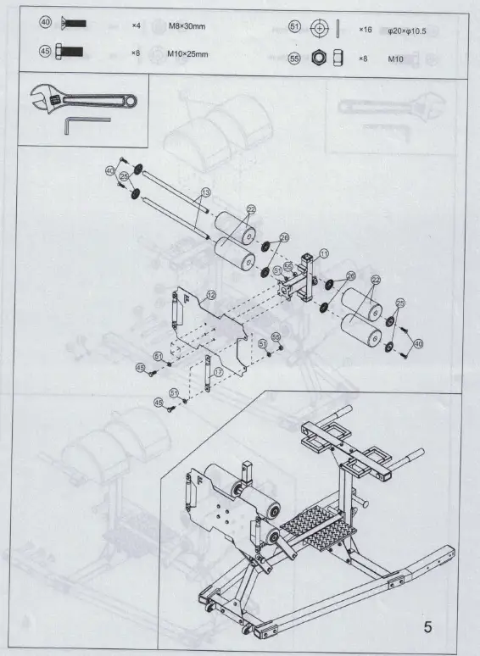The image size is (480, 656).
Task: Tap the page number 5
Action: tap(427, 627)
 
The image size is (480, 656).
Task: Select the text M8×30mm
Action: tap(189, 26)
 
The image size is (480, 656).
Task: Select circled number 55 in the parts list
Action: tap(294, 59)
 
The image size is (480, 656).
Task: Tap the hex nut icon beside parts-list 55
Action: tap(320, 59)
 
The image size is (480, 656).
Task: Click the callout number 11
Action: tap(323, 253)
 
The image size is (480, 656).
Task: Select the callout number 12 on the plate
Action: tap(211, 293)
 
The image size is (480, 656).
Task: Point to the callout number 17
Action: tap(218, 370)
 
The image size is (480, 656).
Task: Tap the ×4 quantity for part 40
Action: tap(135, 26)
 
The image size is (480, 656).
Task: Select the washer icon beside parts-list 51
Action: tap(320, 28)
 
